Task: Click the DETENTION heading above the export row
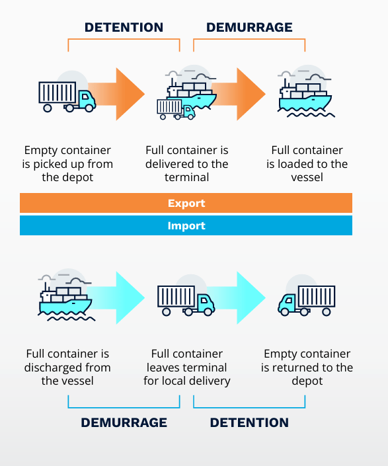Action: pyautogui.click(x=124, y=27)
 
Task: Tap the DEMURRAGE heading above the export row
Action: pyautogui.click(x=249, y=27)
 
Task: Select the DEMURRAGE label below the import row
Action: pyautogui.click(x=124, y=422)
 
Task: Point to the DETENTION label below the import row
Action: pyautogui.click(x=249, y=422)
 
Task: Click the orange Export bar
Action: pyautogui.click(x=186, y=203)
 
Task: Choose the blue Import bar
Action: pyautogui.click(x=186, y=225)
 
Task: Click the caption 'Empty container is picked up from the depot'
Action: pyautogui.click(x=67, y=164)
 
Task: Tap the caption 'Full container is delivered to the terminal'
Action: pyautogui.click(x=187, y=164)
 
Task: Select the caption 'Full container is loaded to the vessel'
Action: pyautogui.click(x=307, y=164)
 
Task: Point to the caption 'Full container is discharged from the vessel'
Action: pyautogui.click(x=67, y=368)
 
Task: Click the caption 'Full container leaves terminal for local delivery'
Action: pyautogui.click(x=187, y=368)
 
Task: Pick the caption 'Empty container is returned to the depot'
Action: pyautogui.click(x=307, y=368)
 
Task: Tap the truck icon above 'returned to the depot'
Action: pyautogui.click(x=307, y=300)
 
